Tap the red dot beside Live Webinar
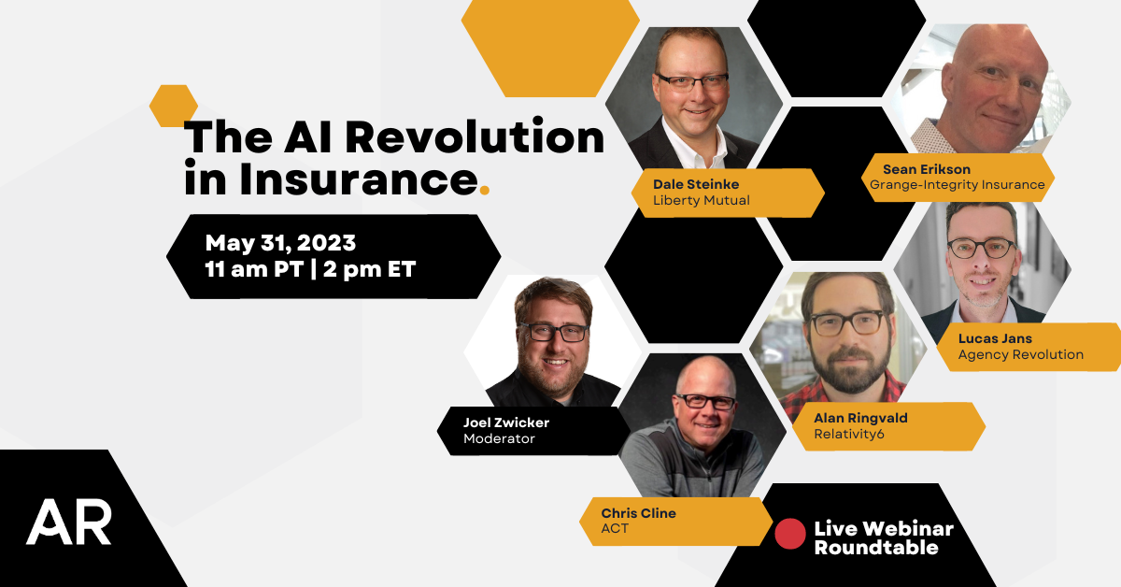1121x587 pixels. pyautogui.click(x=790, y=533)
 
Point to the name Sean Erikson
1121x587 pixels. pyautogui.click(x=927, y=169)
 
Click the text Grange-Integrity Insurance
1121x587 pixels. pyautogui.click(x=958, y=185)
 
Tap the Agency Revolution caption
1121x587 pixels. pyautogui.click(x=1021, y=355)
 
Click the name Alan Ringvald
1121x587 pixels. pyautogui.click(x=860, y=418)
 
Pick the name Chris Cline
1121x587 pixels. pyautogui.click(x=638, y=513)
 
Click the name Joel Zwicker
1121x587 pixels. pyautogui.click(x=506, y=422)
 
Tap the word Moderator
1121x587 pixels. pyautogui.click(x=499, y=438)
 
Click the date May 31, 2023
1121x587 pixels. pyautogui.click(x=280, y=243)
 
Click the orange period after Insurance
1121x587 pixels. pyautogui.click(x=484, y=192)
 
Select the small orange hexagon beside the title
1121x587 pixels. pyautogui.click(x=173, y=106)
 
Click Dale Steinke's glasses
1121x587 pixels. pyautogui.click(x=691, y=80)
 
